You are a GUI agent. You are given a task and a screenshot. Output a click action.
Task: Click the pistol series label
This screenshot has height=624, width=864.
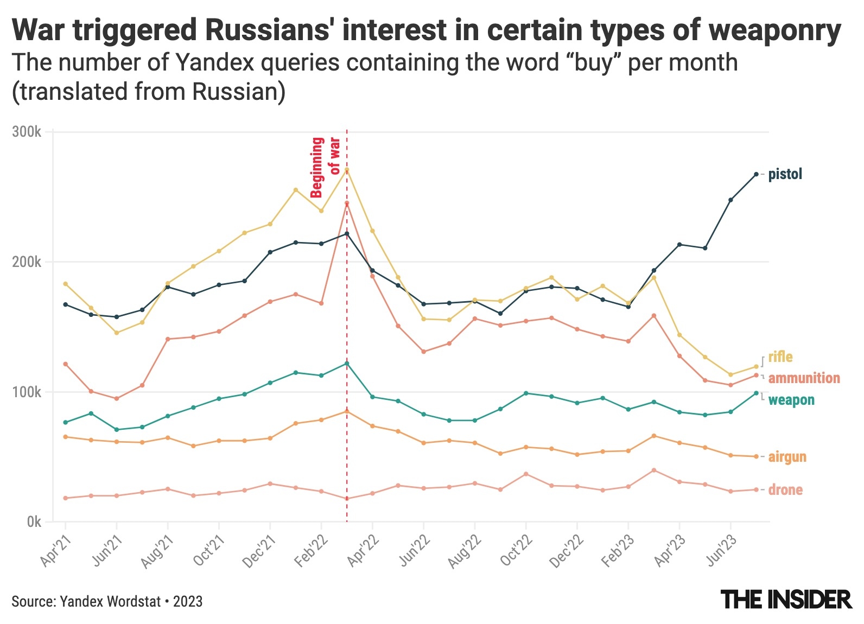(x=785, y=174)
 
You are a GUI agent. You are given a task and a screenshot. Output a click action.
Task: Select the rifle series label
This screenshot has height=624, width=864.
(x=780, y=356)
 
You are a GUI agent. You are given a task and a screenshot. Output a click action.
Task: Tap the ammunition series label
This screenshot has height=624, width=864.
(x=804, y=378)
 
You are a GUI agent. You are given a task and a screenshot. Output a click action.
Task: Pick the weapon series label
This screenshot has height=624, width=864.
(x=791, y=400)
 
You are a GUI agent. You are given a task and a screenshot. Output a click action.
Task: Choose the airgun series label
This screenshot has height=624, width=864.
(x=787, y=457)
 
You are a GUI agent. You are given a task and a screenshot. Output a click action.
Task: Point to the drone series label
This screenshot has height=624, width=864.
(x=785, y=490)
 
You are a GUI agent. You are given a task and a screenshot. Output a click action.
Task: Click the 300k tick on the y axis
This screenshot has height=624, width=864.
(x=27, y=132)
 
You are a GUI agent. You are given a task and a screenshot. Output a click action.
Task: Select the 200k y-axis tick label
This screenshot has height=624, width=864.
(x=27, y=262)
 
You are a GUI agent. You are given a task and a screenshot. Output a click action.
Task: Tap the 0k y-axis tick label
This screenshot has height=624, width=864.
(x=34, y=522)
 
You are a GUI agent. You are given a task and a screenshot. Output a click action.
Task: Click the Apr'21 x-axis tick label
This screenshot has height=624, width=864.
(x=56, y=550)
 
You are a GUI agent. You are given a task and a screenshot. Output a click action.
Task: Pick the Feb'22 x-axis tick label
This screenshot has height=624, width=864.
(x=312, y=550)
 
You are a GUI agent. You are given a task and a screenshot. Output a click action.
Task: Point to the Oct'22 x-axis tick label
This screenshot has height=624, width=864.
(x=517, y=550)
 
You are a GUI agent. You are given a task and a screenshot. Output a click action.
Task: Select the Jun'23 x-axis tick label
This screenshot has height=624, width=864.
(x=721, y=550)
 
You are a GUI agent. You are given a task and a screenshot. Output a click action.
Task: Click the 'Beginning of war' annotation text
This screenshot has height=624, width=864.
(x=325, y=167)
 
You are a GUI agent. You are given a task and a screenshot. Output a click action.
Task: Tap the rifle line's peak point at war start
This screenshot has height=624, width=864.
(x=347, y=169)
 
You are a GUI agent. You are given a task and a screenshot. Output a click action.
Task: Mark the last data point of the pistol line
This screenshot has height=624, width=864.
(x=756, y=174)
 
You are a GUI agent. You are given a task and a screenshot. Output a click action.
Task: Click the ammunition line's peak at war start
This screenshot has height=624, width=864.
(x=347, y=203)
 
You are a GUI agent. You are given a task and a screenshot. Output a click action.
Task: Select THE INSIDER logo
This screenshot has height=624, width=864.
(x=786, y=600)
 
